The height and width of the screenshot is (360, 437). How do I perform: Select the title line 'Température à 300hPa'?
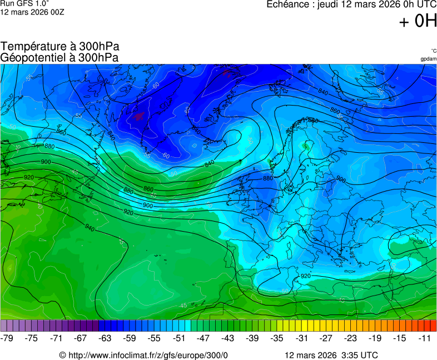[x=60, y=46]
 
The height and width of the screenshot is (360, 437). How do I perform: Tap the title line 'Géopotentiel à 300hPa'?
[x=59, y=57]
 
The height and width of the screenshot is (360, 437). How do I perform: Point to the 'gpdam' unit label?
[x=428, y=58]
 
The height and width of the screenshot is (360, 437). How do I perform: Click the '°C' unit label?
[x=434, y=51]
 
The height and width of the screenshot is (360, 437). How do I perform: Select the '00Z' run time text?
[x=57, y=12]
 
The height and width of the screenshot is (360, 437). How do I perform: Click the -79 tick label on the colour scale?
[x=7, y=338]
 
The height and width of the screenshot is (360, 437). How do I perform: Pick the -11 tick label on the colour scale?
[x=425, y=338]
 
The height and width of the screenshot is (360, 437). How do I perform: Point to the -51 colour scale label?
[x=178, y=338]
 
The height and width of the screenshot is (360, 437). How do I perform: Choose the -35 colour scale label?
[x=277, y=338]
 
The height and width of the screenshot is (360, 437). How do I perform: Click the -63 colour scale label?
[x=105, y=338]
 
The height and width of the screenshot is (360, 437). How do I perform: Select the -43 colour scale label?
[x=228, y=338]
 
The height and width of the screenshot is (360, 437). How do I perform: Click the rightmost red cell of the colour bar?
[x=433, y=326]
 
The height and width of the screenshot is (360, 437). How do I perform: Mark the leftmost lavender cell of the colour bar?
[x=4, y=326]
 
